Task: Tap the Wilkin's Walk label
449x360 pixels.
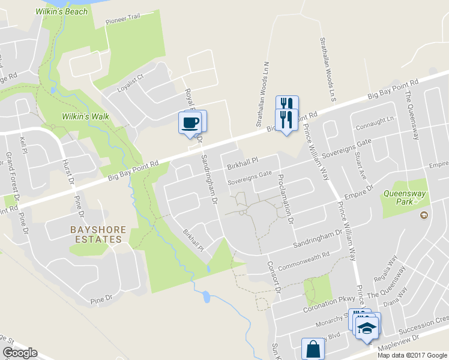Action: pyautogui.click(x=82, y=116)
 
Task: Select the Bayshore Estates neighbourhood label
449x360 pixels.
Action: pyautogui.click(x=95, y=234)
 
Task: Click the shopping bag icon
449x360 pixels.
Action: pyautogui.click(x=313, y=348)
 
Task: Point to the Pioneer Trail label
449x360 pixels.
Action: pyautogui.click(x=122, y=17)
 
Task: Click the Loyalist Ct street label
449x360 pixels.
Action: pyautogui.click(x=131, y=79)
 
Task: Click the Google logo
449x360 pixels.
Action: pyautogui.click(x=20, y=353)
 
